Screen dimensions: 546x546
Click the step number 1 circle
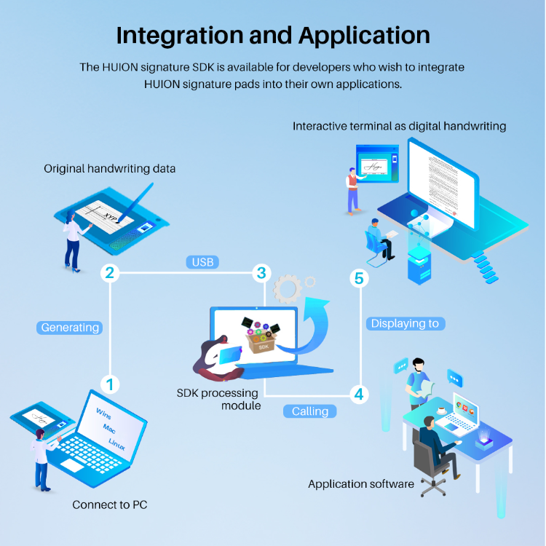tap(110, 383)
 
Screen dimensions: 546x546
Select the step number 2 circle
tap(110, 273)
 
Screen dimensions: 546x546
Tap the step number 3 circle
tap(261, 273)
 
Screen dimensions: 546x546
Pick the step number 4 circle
tap(357, 394)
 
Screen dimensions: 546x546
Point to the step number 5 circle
tap(357, 277)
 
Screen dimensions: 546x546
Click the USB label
tap(202, 261)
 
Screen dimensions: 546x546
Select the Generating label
tap(70, 328)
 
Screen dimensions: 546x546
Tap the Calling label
tap(310, 411)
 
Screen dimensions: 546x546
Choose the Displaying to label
tap(405, 323)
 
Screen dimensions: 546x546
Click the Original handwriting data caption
tap(110, 168)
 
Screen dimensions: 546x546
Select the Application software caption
tap(361, 483)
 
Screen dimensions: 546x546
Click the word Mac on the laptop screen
tap(110, 428)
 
